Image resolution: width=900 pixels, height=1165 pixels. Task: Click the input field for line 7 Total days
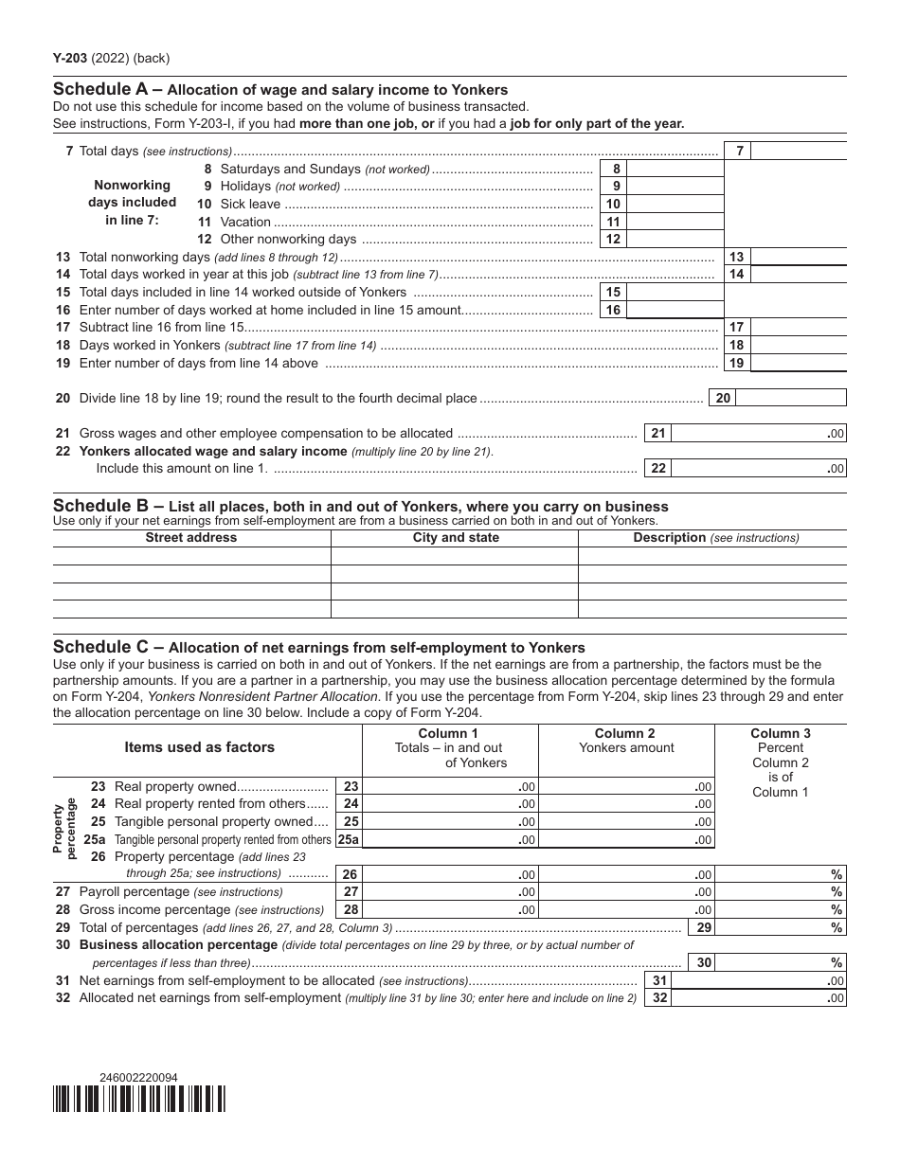[799, 151]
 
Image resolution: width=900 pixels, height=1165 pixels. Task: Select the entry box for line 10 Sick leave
[675, 204]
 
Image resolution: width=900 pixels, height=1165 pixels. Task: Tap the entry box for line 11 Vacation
[675, 222]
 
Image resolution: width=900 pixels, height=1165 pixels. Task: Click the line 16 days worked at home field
[675, 310]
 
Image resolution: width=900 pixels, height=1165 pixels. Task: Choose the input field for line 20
[791, 398]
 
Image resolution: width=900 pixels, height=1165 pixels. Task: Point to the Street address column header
[191, 537]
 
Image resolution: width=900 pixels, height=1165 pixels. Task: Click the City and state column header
[454, 537]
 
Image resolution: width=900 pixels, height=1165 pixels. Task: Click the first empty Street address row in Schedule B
[191, 556]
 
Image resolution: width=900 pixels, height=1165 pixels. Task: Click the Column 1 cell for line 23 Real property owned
[449, 786]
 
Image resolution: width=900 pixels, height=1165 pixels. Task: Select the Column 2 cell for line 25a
[625, 839]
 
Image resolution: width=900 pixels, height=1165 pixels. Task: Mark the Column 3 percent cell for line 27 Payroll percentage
[780, 891]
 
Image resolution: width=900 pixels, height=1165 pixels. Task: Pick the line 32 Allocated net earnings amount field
[758, 997]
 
